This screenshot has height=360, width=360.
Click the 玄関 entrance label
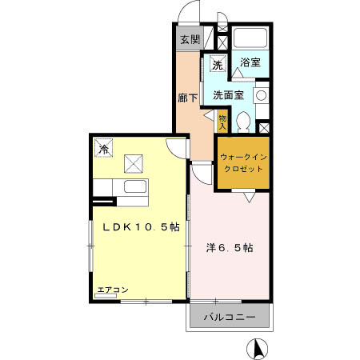coord(189,39)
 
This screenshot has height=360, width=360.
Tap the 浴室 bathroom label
coord(250,62)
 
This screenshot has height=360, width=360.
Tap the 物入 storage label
coord(222,122)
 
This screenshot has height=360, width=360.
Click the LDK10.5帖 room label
coord(139,227)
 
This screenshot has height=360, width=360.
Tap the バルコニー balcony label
coord(229,318)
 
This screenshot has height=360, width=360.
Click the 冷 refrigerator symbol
coord(104,148)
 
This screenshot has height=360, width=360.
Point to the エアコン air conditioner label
coord(113,290)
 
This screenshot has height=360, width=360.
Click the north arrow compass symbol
coord(258,350)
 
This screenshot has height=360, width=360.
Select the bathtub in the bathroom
coord(250,38)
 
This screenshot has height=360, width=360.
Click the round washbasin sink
coord(260,95)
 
